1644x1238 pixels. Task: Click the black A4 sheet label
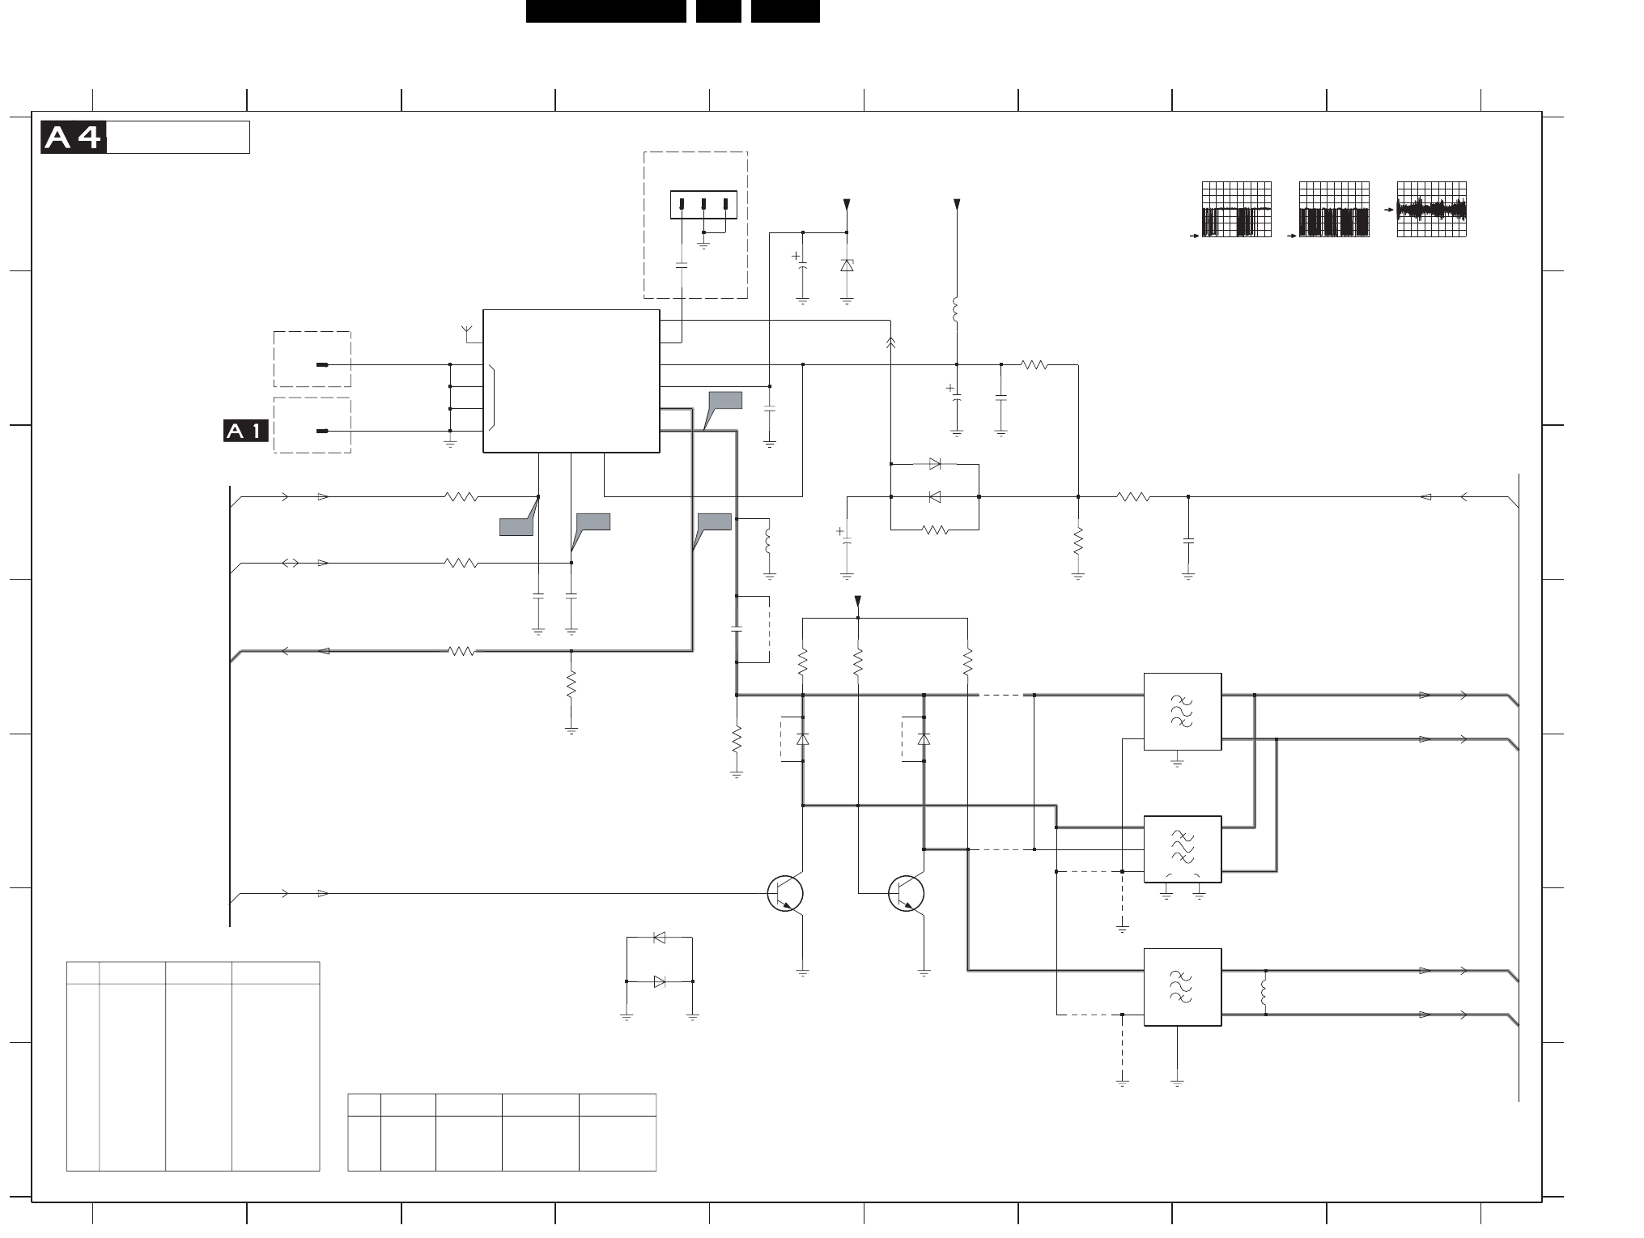pos(74,138)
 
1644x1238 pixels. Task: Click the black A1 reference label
pos(246,432)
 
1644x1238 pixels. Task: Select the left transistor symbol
pos(785,893)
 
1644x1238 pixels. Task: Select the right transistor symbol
pos(907,893)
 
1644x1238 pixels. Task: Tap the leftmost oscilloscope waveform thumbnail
pos(1237,210)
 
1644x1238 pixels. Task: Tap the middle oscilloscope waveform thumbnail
pos(1334,210)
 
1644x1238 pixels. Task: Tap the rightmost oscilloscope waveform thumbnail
pos(1432,210)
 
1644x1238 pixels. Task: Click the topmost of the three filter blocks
pos(1183,712)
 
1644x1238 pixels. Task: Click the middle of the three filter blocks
pos(1183,849)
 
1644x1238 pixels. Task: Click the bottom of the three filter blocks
pos(1183,987)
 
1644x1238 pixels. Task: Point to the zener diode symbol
pos(847,265)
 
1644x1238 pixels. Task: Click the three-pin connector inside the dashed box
pos(703,205)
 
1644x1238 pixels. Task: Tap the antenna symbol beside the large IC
pos(466,330)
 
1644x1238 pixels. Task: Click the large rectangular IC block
pos(571,381)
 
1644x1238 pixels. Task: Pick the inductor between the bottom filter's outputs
pos(1264,993)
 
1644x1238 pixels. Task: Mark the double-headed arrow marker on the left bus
pos(290,563)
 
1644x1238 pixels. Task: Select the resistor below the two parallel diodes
pos(935,530)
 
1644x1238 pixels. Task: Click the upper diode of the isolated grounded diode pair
pos(660,938)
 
